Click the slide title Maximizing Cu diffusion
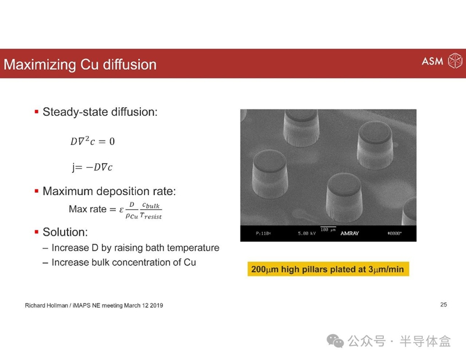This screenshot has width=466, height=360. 80,65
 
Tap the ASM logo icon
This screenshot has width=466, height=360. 455,61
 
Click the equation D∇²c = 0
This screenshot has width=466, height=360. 93,141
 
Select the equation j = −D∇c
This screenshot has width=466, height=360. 92,167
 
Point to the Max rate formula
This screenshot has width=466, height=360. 115,210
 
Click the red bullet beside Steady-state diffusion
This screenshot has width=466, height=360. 37,112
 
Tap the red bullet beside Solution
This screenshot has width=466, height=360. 37,232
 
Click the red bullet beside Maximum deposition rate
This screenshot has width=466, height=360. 37,191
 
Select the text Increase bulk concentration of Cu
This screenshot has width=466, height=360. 123,262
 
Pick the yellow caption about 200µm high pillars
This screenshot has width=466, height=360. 328,269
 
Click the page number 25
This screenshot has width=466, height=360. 443,305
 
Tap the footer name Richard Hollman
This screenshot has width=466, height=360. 47,305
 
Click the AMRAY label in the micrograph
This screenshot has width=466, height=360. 349,234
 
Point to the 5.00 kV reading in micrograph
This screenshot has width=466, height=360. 307,234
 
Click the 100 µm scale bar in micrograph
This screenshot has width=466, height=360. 328,227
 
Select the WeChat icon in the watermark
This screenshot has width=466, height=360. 336,341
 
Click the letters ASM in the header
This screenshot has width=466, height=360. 432,61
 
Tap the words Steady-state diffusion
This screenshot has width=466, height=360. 100,112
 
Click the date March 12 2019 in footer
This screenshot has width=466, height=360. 143,305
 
